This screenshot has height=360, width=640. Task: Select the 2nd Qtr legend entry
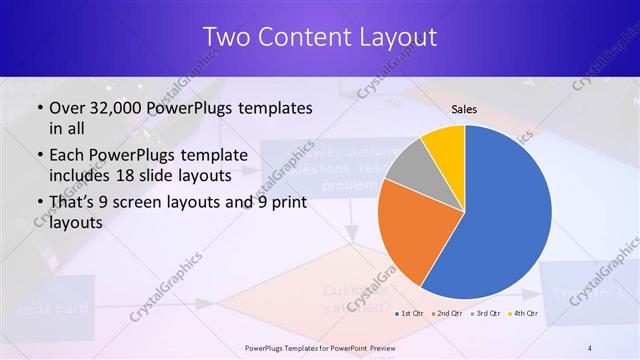(447, 314)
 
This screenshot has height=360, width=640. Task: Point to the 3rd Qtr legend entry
(487, 314)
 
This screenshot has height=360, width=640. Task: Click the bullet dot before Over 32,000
(38, 108)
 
